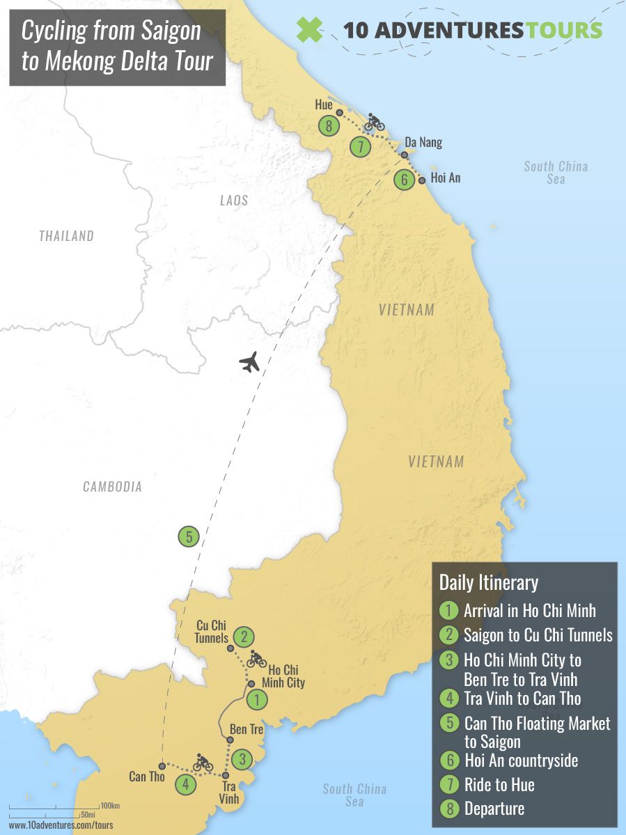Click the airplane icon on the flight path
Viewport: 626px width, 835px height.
[x=249, y=362]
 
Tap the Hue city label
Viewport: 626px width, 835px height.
[x=323, y=105]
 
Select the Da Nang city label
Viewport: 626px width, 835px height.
[x=423, y=143]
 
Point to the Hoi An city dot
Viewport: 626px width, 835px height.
[x=422, y=180]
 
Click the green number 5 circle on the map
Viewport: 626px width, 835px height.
[x=188, y=537]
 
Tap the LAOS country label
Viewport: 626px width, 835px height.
[x=234, y=201]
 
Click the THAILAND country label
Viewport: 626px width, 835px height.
[x=66, y=236]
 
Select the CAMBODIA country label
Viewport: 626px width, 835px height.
[x=112, y=487]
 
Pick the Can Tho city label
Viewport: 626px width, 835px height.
[x=147, y=776]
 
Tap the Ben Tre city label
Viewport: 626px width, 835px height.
[x=247, y=730]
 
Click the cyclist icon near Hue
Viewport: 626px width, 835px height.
[x=375, y=122]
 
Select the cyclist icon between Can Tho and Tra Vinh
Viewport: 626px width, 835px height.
[x=203, y=763]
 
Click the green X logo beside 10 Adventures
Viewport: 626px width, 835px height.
[x=309, y=29]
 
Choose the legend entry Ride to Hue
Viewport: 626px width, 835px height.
[x=499, y=785]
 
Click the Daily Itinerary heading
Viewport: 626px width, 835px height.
[x=488, y=582]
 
